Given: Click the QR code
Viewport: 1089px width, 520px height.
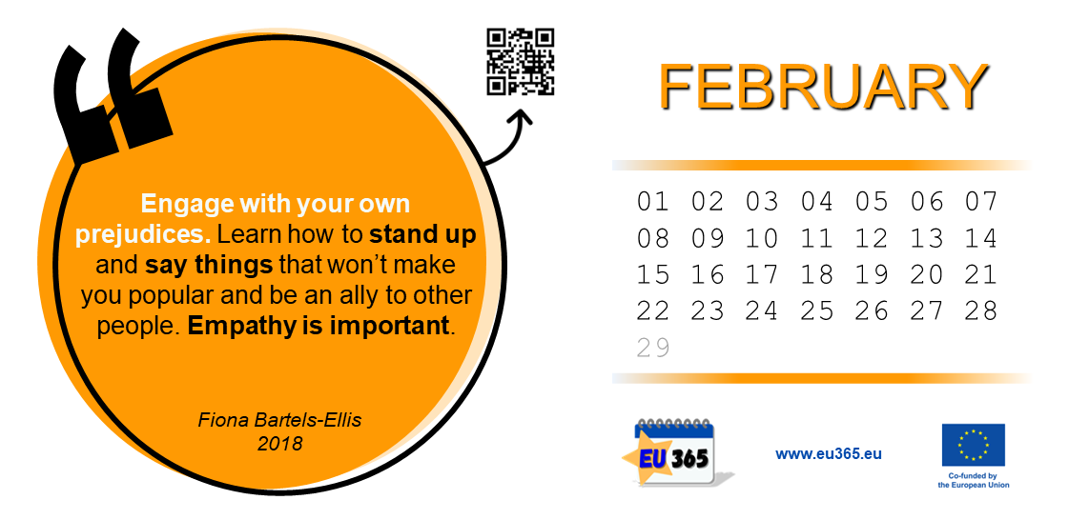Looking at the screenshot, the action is (521, 61).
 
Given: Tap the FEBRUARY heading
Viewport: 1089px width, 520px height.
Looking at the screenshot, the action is (823, 87).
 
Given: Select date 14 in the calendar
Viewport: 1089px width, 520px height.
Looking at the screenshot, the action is (980, 238).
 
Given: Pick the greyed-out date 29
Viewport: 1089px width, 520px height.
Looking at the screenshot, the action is (653, 347).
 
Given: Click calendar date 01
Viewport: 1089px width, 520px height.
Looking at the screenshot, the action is (653, 203).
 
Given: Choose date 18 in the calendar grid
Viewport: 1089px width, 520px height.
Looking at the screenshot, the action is (816, 274).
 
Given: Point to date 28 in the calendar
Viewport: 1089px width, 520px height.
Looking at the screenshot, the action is (980, 310).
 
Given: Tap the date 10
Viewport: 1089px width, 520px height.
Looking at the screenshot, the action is (762, 238).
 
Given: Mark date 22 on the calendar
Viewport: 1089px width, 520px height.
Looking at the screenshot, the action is (653, 310).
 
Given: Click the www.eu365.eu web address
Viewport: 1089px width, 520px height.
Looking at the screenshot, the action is (829, 454).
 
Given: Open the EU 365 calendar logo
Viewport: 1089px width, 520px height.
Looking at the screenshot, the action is (676, 452).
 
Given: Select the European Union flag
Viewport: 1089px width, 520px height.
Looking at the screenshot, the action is (973, 445).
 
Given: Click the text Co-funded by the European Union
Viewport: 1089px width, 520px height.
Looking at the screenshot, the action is (973, 481).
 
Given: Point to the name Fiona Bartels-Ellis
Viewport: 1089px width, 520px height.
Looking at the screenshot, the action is (280, 420).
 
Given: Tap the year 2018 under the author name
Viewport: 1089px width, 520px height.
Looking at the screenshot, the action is (280, 443).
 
